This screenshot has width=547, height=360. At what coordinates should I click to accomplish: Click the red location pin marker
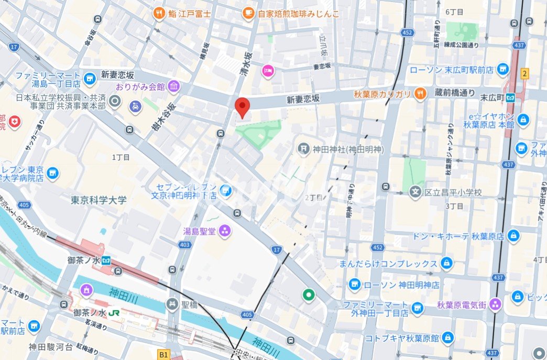(242, 107)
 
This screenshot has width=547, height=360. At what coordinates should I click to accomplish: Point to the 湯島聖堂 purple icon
(224, 230)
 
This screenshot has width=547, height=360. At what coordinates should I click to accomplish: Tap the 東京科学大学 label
(99, 200)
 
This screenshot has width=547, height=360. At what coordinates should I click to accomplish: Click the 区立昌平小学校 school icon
(415, 192)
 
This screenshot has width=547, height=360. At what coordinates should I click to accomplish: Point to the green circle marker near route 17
(309, 295)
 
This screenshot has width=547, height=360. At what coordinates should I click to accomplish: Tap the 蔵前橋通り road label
(454, 93)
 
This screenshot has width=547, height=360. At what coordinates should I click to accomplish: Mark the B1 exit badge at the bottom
(164, 355)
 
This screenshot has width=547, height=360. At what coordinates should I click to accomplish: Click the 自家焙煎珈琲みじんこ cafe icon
(249, 13)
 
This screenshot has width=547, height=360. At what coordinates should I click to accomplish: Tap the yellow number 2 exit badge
(524, 73)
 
